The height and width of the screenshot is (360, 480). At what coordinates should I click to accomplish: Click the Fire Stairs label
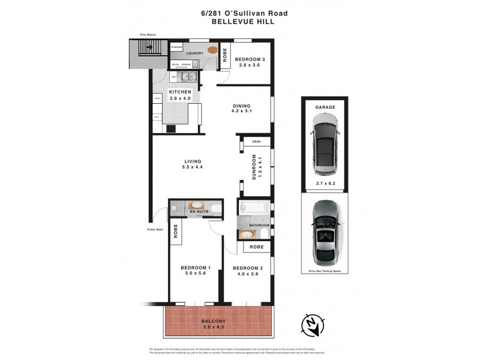[148, 35]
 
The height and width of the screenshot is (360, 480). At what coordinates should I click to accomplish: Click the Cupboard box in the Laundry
[177, 47]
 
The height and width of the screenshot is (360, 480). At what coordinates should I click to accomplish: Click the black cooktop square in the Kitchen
[171, 128]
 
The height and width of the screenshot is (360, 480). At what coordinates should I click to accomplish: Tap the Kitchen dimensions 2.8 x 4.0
[179, 98]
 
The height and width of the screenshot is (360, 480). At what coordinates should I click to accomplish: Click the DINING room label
[242, 107]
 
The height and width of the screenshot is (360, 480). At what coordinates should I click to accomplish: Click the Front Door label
[155, 229]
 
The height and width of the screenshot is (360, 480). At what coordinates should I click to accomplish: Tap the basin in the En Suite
[196, 206]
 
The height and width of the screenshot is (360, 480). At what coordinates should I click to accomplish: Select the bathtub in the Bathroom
[254, 208]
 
